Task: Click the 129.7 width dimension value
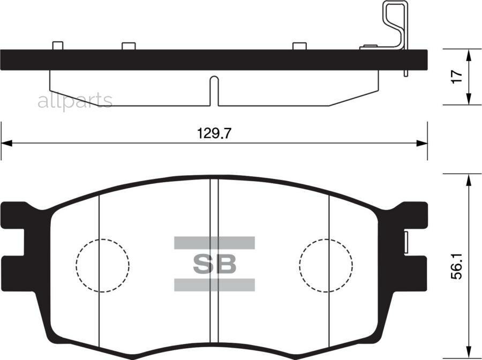tap(214, 133)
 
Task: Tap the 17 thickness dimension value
tap(456, 77)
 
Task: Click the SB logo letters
tap(214, 264)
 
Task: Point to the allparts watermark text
tap(75, 100)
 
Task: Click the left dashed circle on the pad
tap(103, 265)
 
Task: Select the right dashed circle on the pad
tap(326, 265)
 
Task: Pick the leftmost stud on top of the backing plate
tap(58, 46)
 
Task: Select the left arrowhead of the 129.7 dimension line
tap(6, 144)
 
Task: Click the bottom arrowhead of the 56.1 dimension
tap(469, 354)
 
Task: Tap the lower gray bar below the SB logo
tap(214, 284)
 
